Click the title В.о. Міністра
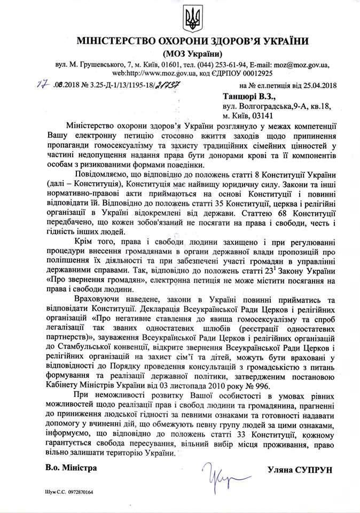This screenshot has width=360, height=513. (68, 469)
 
